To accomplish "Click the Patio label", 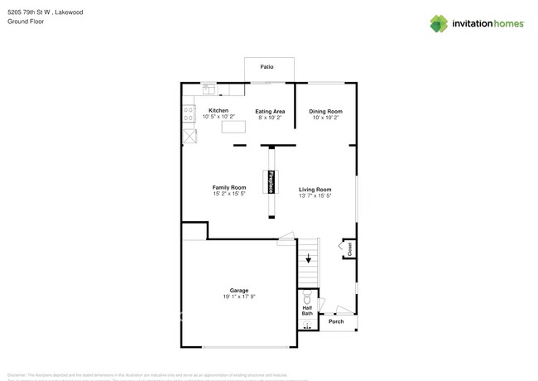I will click(x=267, y=66).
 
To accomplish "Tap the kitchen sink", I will click(x=209, y=89).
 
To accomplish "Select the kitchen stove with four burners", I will click(x=188, y=113).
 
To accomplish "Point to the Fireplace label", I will click(x=271, y=181).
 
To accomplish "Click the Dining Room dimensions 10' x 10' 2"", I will click(x=325, y=118).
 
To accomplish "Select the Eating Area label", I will click(x=270, y=111).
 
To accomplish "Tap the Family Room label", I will click(x=228, y=188).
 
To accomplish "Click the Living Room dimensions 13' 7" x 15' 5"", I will click(x=315, y=196).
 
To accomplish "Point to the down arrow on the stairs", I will click(x=308, y=258).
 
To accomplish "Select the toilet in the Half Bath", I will click(x=307, y=297).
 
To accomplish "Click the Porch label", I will click(x=336, y=322).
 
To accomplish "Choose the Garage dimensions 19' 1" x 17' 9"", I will click(x=239, y=297).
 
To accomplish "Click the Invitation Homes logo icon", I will click(x=438, y=24).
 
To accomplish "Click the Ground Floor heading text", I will click(x=25, y=22).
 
